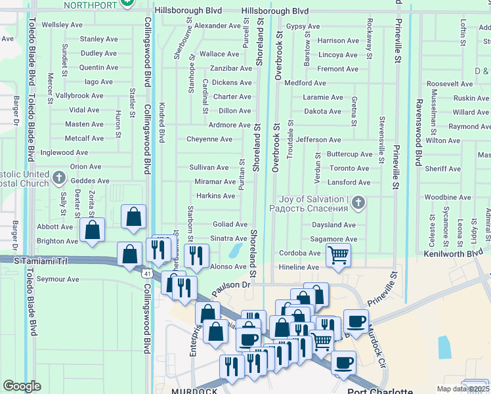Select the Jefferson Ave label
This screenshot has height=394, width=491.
[x=318, y=140]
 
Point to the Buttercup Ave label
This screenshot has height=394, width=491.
[x=349, y=154]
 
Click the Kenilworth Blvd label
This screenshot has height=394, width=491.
[x=453, y=253]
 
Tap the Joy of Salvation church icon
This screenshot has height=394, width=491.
[x=358, y=203]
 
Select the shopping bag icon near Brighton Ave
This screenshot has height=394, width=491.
[x=93, y=230]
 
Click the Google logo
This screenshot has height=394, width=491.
[x=22, y=386]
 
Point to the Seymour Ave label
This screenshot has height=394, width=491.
[x=58, y=279]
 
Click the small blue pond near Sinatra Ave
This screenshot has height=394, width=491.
[x=234, y=250]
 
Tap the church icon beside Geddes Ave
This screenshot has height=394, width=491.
[x=58, y=178]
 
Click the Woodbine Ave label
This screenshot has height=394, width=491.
[x=444, y=197]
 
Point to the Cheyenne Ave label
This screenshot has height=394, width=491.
[x=209, y=139]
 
